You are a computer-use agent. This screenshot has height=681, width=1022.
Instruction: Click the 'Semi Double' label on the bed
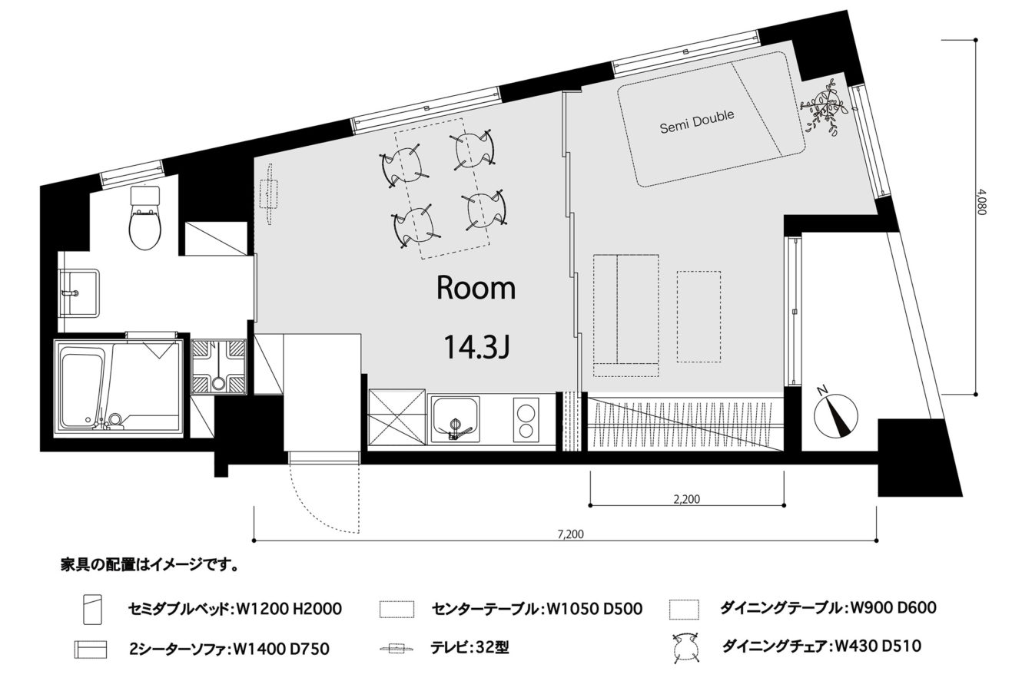(697, 122)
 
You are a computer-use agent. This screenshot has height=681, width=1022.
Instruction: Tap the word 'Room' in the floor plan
(476, 288)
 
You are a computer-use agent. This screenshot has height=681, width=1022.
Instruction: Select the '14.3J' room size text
(476, 347)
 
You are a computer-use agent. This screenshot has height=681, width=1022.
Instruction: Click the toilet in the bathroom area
(145, 217)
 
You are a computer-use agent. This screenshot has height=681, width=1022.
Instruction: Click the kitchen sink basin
(456, 419)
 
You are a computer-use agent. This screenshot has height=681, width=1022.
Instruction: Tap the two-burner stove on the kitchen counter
(526, 420)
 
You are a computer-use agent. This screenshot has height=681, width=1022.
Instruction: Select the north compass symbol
(836, 414)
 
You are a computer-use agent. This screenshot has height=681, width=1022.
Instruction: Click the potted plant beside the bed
(823, 108)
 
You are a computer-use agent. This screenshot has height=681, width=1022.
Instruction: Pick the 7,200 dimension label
(570, 534)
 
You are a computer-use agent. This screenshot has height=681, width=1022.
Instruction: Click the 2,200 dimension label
(687, 499)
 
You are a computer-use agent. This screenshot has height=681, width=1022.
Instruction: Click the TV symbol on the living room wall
(269, 193)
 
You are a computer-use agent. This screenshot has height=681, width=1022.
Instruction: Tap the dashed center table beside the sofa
(699, 317)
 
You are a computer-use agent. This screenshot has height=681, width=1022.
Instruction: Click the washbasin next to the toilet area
(78, 293)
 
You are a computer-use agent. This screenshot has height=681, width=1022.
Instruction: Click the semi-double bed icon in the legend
(93, 610)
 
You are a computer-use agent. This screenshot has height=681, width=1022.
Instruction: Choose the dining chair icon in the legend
(685, 647)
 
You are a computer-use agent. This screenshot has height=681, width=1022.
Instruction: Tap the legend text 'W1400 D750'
(281, 649)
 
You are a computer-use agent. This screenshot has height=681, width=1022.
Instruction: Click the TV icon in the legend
(397, 648)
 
